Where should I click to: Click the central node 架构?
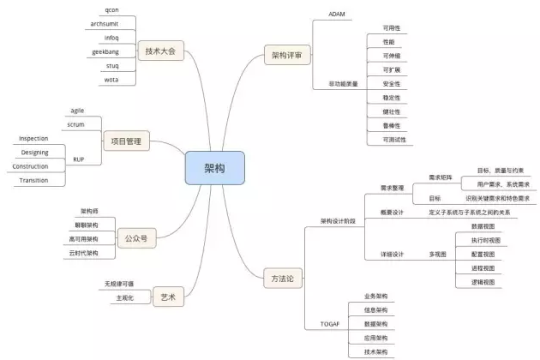(214, 168)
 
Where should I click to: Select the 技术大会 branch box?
(161, 51)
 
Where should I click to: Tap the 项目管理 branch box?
(126, 141)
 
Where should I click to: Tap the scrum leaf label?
(75, 125)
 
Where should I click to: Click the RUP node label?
(78, 159)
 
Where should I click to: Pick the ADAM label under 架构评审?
(337, 14)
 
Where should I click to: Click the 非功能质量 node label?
(343, 84)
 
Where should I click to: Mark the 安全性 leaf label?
(391, 83)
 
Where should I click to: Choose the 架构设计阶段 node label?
(338, 219)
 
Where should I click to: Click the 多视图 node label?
(437, 254)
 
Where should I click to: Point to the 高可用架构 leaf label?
(84, 238)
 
